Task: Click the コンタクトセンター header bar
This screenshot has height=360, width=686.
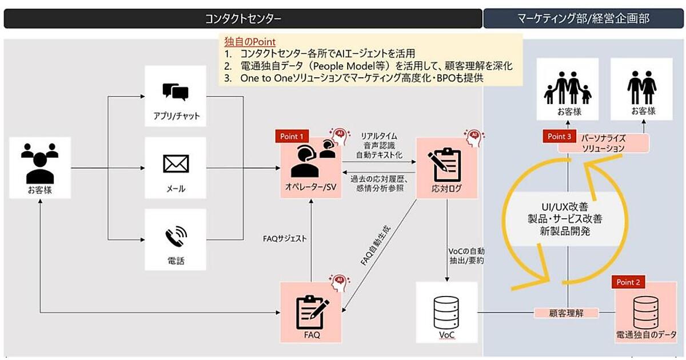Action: (x=243, y=18)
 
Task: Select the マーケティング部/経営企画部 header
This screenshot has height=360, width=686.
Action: (x=584, y=18)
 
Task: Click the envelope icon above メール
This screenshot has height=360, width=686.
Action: (x=176, y=164)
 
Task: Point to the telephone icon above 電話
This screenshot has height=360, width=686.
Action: (x=176, y=236)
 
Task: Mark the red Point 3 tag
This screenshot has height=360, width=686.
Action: (x=559, y=137)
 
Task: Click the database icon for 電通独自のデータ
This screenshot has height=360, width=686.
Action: (x=645, y=309)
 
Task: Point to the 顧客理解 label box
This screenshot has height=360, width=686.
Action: (x=566, y=313)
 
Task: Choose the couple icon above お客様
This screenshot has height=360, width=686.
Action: (x=643, y=87)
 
